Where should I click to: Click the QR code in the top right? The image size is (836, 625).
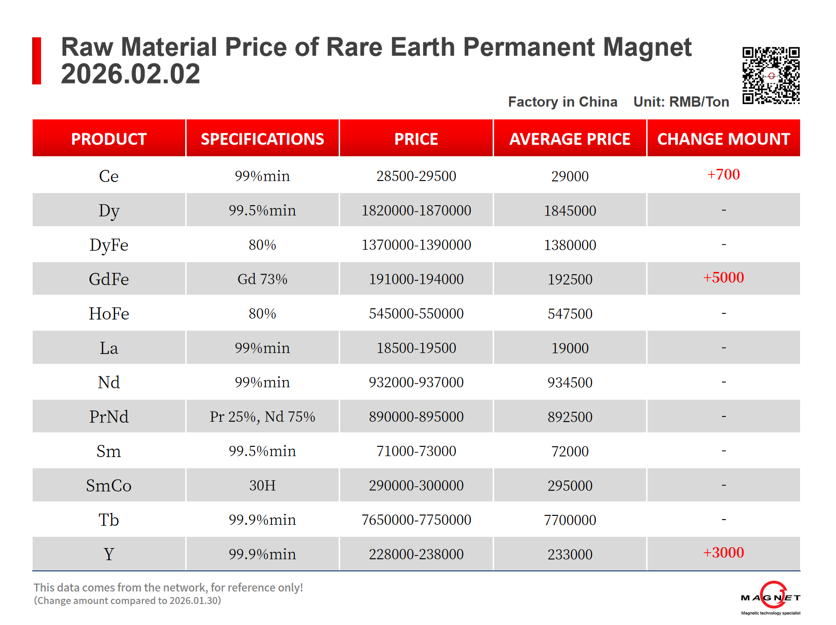(x=771, y=75)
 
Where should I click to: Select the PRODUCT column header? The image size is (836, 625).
(x=109, y=139)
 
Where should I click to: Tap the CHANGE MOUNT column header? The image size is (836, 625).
(x=723, y=139)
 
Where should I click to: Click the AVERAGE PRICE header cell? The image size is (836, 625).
(x=570, y=139)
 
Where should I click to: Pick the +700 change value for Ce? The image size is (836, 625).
(x=723, y=174)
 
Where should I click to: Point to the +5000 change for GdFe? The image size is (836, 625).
(x=723, y=278)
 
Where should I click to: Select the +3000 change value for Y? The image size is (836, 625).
(x=723, y=553)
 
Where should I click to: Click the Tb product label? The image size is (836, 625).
(x=109, y=520)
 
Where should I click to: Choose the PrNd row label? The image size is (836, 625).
(x=109, y=417)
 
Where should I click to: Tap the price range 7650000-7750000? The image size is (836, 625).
(x=416, y=520)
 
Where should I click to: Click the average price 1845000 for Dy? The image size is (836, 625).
(x=570, y=211)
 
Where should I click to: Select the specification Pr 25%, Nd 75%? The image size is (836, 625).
(x=262, y=417)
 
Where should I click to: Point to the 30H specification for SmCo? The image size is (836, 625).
(x=262, y=486)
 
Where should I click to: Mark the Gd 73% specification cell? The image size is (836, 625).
(x=262, y=279)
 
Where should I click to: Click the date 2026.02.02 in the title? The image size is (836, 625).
(x=131, y=74)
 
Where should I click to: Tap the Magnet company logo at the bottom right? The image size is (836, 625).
(x=771, y=597)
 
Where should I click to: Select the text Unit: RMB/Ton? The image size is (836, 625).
(x=681, y=102)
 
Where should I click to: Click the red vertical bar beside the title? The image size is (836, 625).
(x=37, y=61)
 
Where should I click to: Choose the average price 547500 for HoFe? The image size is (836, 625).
(x=570, y=314)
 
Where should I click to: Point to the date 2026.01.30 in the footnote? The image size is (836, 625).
(x=195, y=601)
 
